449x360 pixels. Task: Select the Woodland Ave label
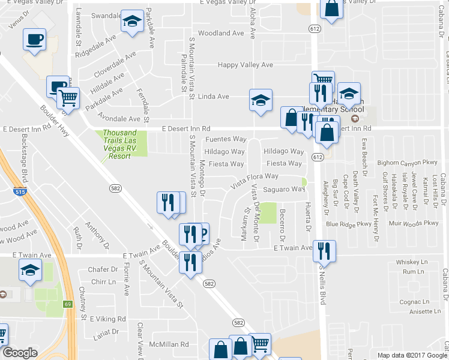(x=221, y=34)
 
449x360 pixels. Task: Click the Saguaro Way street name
(x=285, y=189)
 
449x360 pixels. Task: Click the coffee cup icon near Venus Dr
(x=34, y=40)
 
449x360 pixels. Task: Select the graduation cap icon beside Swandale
(x=132, y=22)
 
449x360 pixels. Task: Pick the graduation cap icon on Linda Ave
(x=261, y=100)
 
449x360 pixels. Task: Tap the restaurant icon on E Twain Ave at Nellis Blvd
(x=325, y=251)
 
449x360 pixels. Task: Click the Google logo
(x=20, y=353)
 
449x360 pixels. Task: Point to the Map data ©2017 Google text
(x=411, y=355)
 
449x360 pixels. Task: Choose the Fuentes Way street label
(x=226, y=139)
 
